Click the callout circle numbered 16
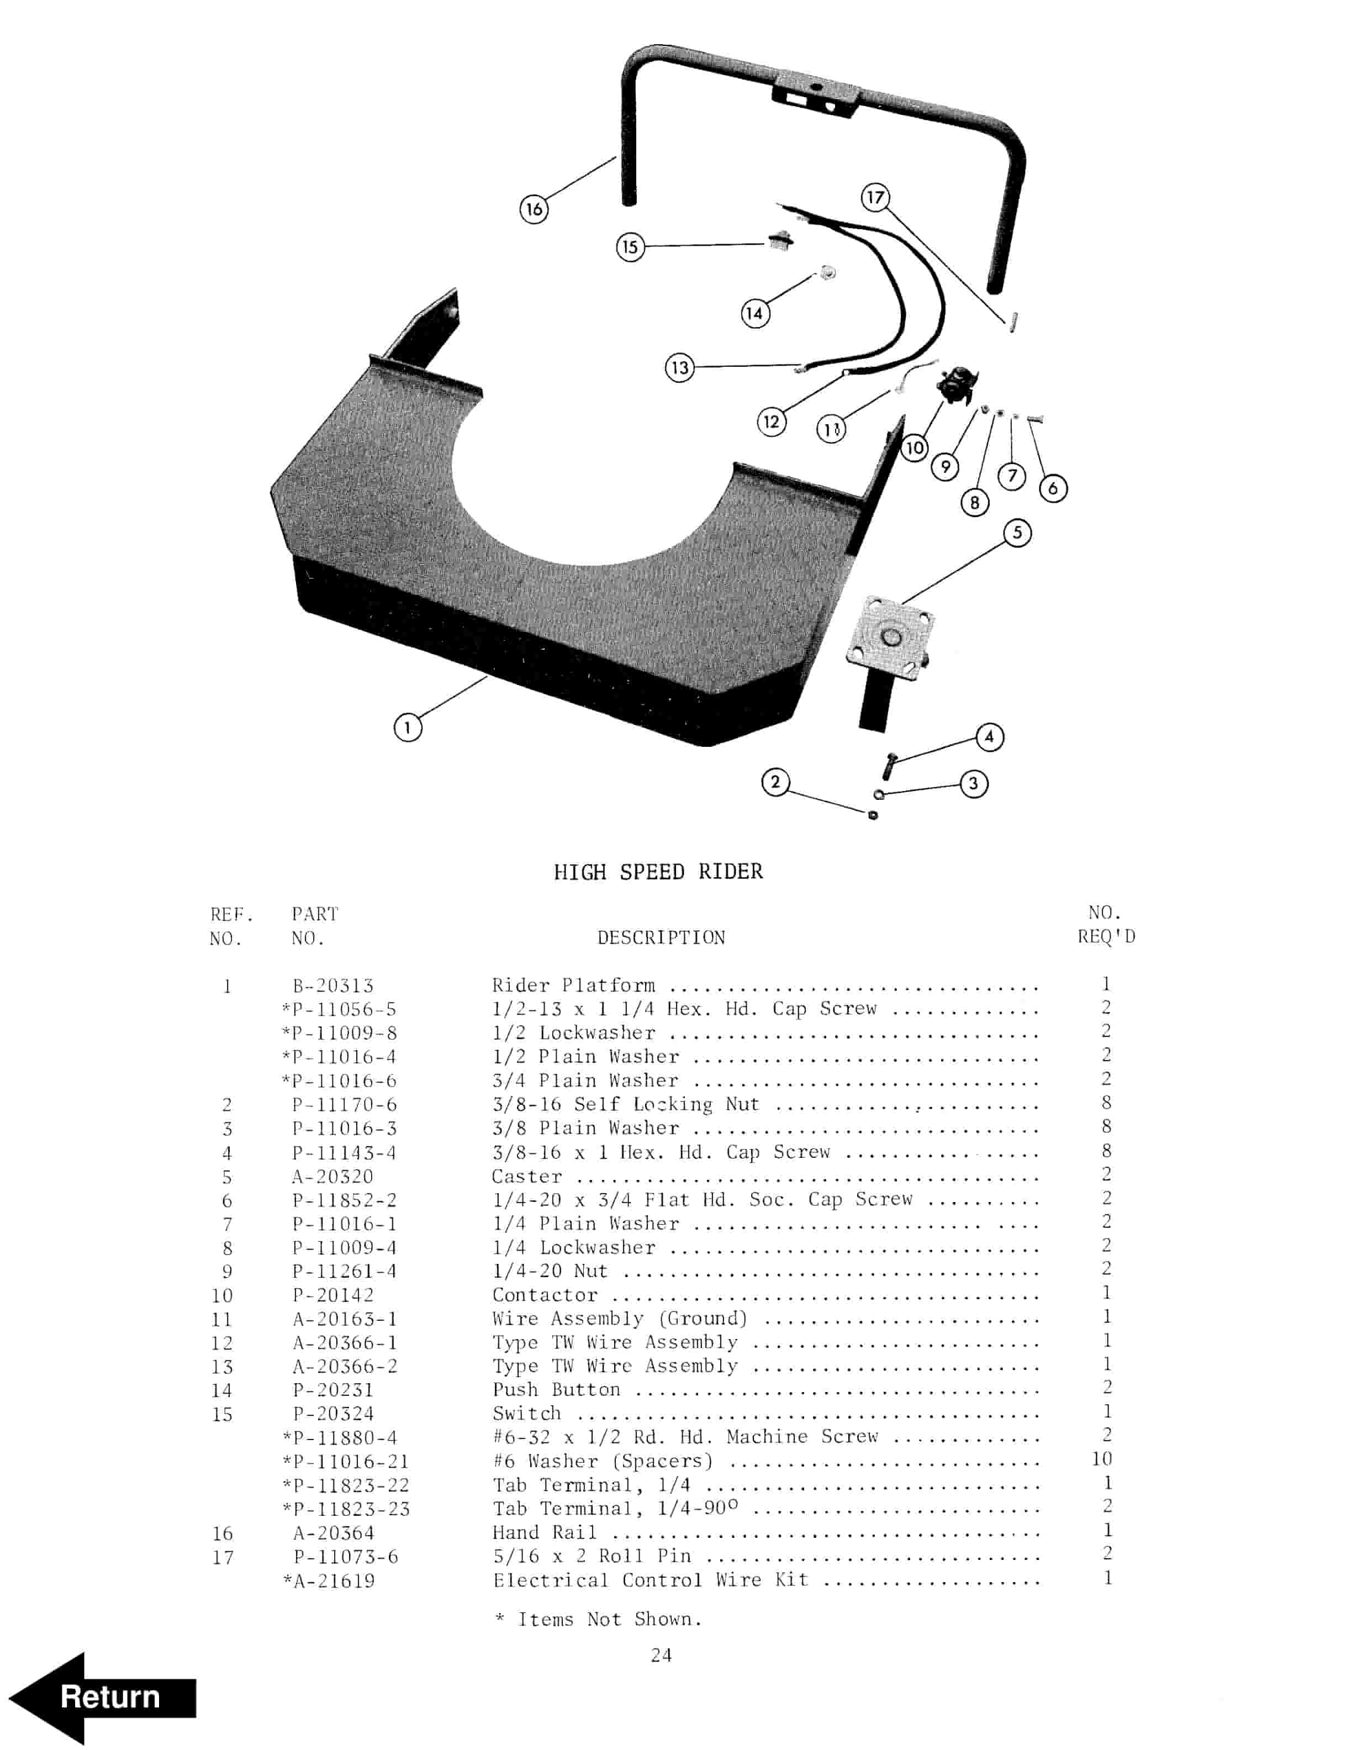point(534,210)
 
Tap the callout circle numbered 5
point(1017,533)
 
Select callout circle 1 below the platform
point(408,728)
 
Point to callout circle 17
point(875,197)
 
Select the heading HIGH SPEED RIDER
point(658,872)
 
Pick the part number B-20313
point(332,985)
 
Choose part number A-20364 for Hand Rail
point(333,1533)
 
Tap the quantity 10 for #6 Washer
point(1102,1458)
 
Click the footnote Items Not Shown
point(609,1620)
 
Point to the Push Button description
point(556,1389)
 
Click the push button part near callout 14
point(827,272)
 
